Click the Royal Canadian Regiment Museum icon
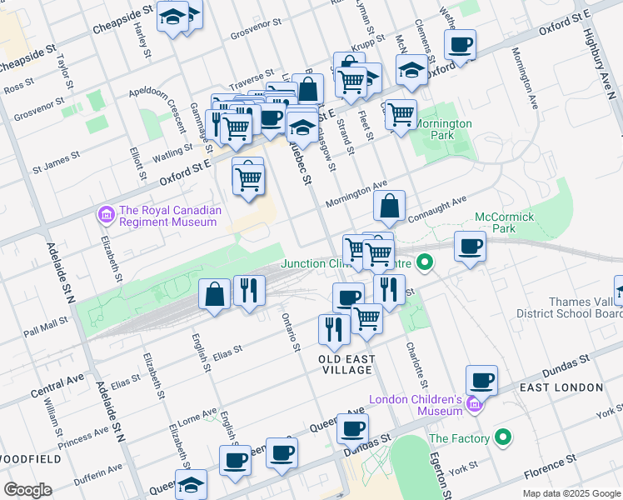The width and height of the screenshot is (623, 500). coord(106,216)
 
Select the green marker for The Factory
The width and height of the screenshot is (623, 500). coord(502,437)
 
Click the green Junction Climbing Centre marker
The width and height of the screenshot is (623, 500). coord(426,264)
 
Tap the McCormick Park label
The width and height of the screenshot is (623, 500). coord(504,222)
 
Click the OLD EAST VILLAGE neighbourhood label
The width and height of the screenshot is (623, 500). coord(346,359)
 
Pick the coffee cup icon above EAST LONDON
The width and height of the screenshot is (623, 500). coord(481,381)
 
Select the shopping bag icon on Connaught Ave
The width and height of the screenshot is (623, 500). coord(389,205)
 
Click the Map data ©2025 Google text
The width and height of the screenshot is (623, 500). coord(571,493)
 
